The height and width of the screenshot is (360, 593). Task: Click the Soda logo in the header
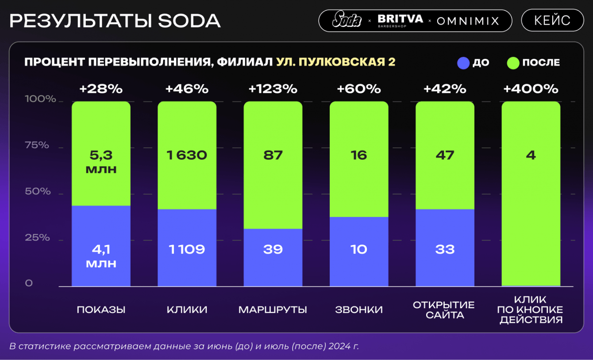tap(347, 20)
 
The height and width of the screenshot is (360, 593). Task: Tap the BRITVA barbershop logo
tap(400, 20)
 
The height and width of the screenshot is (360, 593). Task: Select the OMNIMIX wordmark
tap(468, 20)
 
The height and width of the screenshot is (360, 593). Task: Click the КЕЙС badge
tap(552, 20)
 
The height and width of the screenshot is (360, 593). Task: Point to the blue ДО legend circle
tap(463, 63)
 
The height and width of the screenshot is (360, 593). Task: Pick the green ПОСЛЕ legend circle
tap(513, 63)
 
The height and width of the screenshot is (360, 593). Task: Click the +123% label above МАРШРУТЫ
tap(273, 89)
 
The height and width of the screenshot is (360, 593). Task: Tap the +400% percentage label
tap(531, 89)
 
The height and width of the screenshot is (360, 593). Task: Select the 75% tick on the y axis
tap(37, 145)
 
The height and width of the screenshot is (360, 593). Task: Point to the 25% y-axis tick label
tap(37, 237)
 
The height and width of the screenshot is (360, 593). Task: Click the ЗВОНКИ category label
tap(359, 310)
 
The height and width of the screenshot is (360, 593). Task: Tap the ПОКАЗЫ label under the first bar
tap(101, 310)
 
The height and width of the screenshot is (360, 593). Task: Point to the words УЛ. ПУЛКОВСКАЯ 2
tap(335, 62)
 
